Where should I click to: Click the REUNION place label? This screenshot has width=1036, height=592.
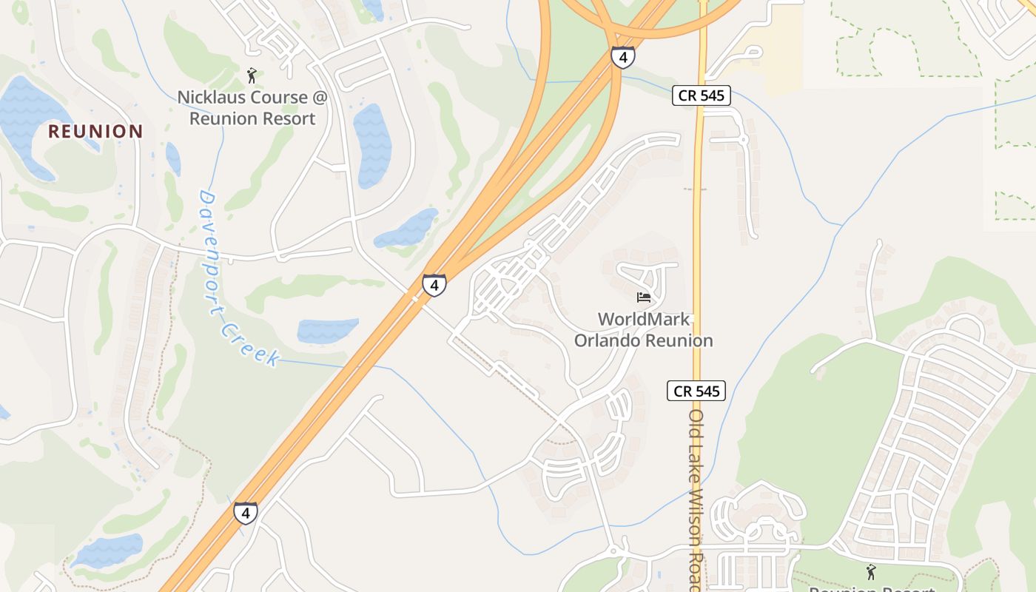pyautogui.click(x=95, y=132)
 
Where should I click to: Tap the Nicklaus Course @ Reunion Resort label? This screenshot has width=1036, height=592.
pyautogui.click(x=252, y=108)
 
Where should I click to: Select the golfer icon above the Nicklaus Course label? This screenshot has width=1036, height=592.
pyautogui.click(x=252, y=75)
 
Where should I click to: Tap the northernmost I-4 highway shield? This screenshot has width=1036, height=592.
pyautogui.click(x=622, y=57)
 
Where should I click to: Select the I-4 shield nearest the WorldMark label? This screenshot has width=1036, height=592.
pyautogui.click(x=434, y=285)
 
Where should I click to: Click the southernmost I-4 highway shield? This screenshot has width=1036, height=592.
pyautogui.click(x=246, y=513)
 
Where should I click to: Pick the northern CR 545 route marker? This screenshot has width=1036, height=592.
pyautogui.click(x=702, y=95)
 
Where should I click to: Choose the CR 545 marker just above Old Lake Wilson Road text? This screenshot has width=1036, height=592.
pyautogui.click(x=696, y=391)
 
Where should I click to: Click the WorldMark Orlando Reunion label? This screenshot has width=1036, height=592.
pyautogui.click(x=644, y=330)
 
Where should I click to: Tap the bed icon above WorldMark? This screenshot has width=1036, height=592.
pyautogui.click(x=644, y=297)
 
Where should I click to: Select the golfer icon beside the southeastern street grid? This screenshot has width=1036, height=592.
pyautogui.click(x=871, y=572)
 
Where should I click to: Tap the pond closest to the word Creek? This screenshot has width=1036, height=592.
pyautogui.click(x=327, y=330)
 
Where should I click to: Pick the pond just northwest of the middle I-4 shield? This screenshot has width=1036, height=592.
pyautogui.click(x=408, y=229)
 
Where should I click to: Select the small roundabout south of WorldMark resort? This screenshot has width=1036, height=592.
pyautogui.click(x=613, y=551)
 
